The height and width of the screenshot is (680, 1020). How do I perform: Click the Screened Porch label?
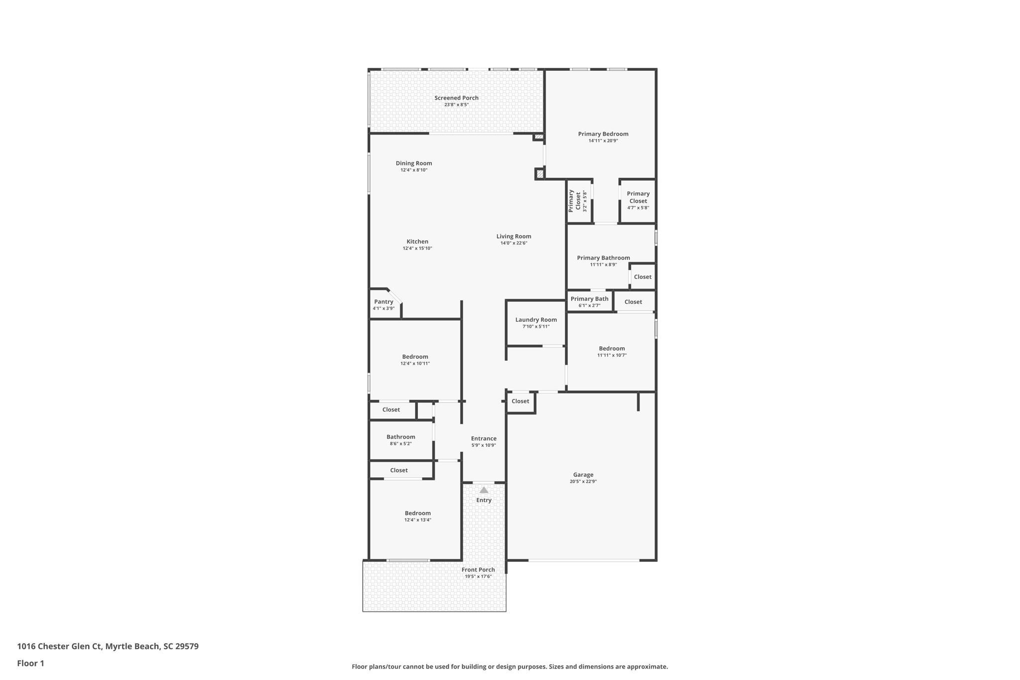tap(456, 98)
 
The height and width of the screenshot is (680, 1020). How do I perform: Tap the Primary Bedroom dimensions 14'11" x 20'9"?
tap(603, 141)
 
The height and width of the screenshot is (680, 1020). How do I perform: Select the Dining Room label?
tap(414, 163)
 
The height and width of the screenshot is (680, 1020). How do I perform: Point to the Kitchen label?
tap(417, 242)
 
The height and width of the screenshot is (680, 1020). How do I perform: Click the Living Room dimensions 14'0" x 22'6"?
tap(514, 243)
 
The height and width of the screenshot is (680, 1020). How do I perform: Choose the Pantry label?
tap(383, 302)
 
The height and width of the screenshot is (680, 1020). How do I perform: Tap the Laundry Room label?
tap(536, 320)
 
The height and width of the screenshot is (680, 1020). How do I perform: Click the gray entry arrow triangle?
tap(484, 490)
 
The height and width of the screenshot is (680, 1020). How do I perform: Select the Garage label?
tap(583, 475)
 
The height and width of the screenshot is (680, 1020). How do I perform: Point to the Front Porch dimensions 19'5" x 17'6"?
tap(478, 576)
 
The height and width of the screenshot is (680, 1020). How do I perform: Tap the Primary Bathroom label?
tap(603, 258)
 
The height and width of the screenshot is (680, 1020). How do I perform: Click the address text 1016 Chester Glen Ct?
tap(59, 647)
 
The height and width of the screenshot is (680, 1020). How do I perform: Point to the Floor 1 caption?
tap(30, 663)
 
